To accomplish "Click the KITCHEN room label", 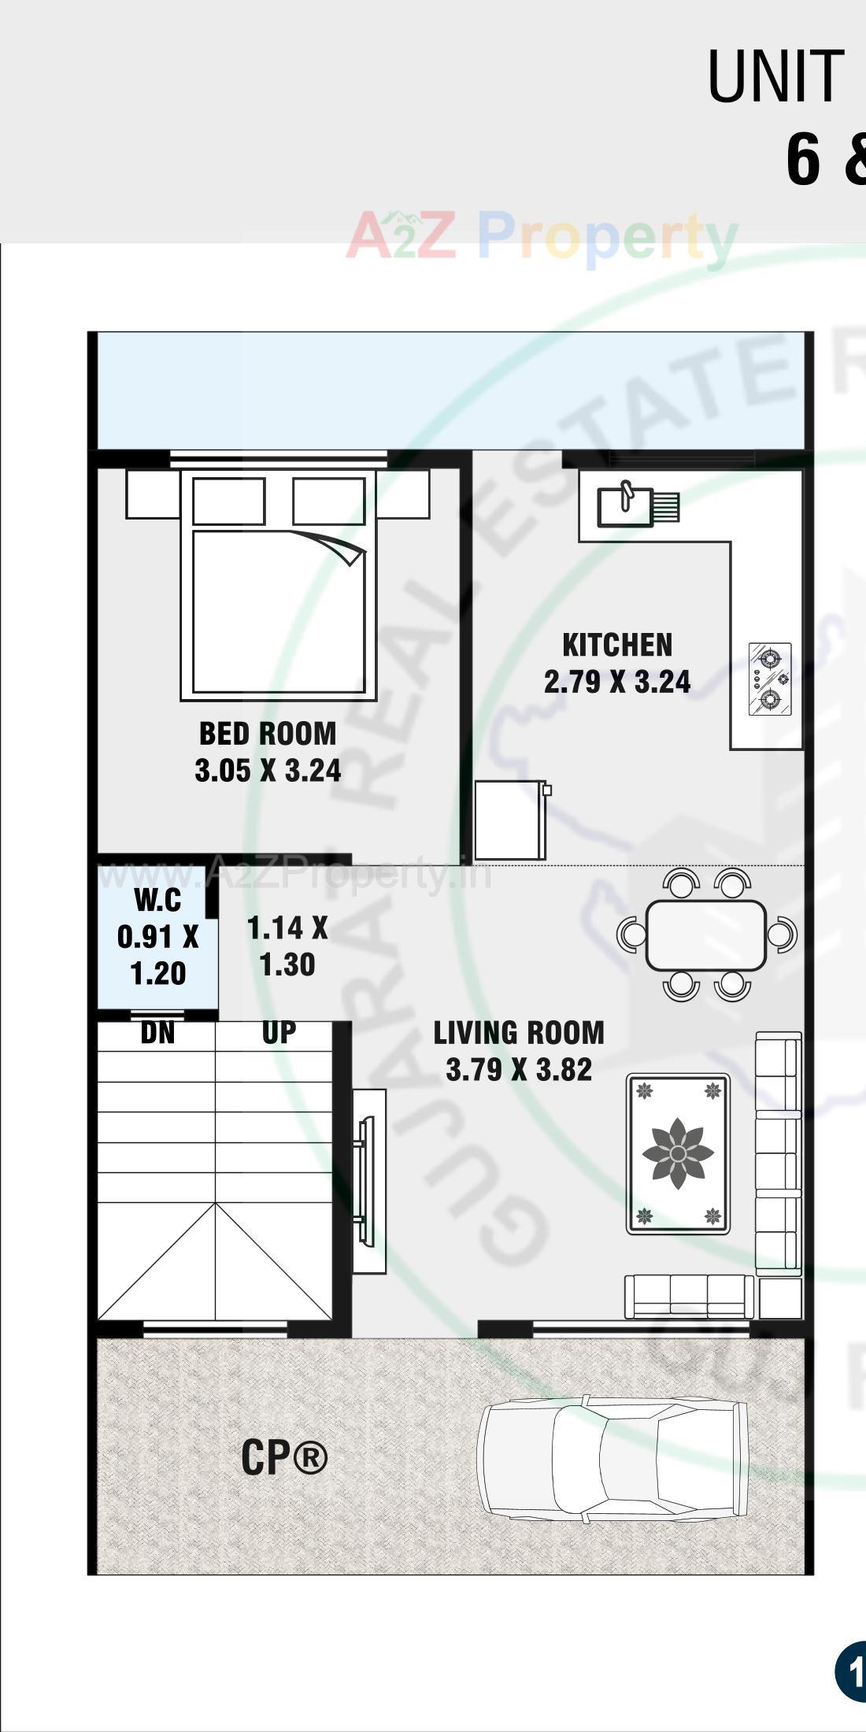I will coord(617,645).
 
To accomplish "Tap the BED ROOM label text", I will coord(268,733).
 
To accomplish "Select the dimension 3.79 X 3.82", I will coord(519,1070).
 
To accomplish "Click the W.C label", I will coord(157,899).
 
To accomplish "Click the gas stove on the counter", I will coord(769,679).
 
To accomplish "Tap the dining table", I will coord(705,934).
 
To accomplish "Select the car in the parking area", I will coord(612,1458).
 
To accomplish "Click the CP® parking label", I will coord(283,1457).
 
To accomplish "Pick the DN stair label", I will coord(157,1033).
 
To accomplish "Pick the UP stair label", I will coord(279,1033).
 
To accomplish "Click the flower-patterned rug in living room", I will coord(678,1154).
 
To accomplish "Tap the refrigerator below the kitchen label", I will coord(511,820).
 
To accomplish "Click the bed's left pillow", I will coord(228,501).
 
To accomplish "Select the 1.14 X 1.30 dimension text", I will coord(287,946).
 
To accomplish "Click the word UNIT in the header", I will coord(775,76).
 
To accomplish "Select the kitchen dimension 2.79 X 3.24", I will coord(617,682).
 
